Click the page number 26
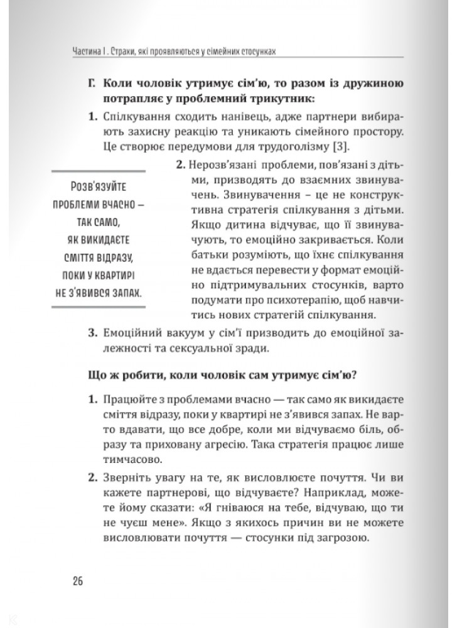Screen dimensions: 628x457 click(78, 580)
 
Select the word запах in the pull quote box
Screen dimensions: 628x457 click(121, 293)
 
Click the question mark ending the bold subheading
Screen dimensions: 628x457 click(355, 376)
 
